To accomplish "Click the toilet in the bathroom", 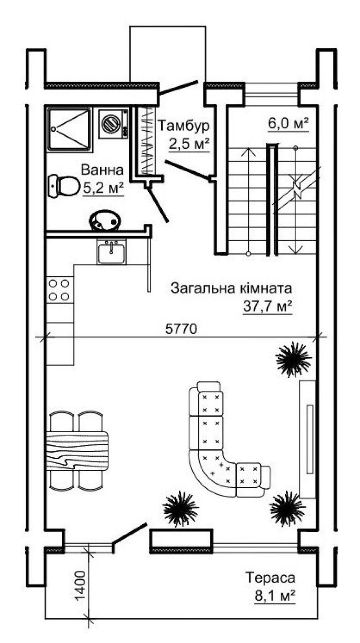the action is pyautogui.click(x=64, y=186).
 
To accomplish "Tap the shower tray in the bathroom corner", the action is pyautogui.click(x=69, y=129).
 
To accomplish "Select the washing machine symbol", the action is pyautogui.click(x=113, y=123).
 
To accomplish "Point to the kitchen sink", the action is pyautogui.click(x=111, y=251).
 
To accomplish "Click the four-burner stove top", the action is pyautogui.click(x=59, y=290).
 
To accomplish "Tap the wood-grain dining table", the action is pyautogui.click(x=77, y=450).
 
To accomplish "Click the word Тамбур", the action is pyautogui.click(x=184, y=126).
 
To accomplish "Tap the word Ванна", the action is pyautogui.click(x=102, y=169).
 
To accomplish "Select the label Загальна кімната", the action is pyautogui.click(x=231, y=288).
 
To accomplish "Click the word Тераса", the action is pyautogui.click(x=270, y=578).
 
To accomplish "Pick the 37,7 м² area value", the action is pyautogui.click(x=267, y=307).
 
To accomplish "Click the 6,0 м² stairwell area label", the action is pyautogui.click(x=288, y=124).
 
